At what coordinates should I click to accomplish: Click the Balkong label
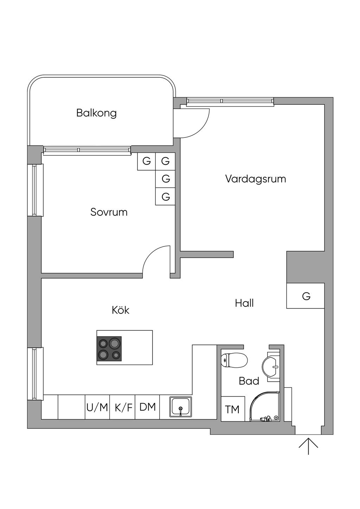(x=96, y=113)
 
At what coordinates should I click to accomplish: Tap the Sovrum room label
(x=109, y=212)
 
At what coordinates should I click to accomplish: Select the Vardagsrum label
(x=256, y=179)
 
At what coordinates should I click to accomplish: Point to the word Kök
(x=121, y=310)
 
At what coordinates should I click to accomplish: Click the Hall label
(x=244, y=303)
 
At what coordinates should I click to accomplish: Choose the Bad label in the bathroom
(x=249, y=381)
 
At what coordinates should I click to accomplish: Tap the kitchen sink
(x=181, y=407)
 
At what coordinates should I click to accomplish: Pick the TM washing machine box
(x=232, y=409)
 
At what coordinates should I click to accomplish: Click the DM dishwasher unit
(x=147, y=407)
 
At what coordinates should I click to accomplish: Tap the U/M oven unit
(x=97, y=407)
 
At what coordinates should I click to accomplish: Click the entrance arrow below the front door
(x=308, y=445)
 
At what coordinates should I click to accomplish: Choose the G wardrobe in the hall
(x=306, y=296)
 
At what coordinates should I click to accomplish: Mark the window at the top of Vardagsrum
(x=230, y=102)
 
